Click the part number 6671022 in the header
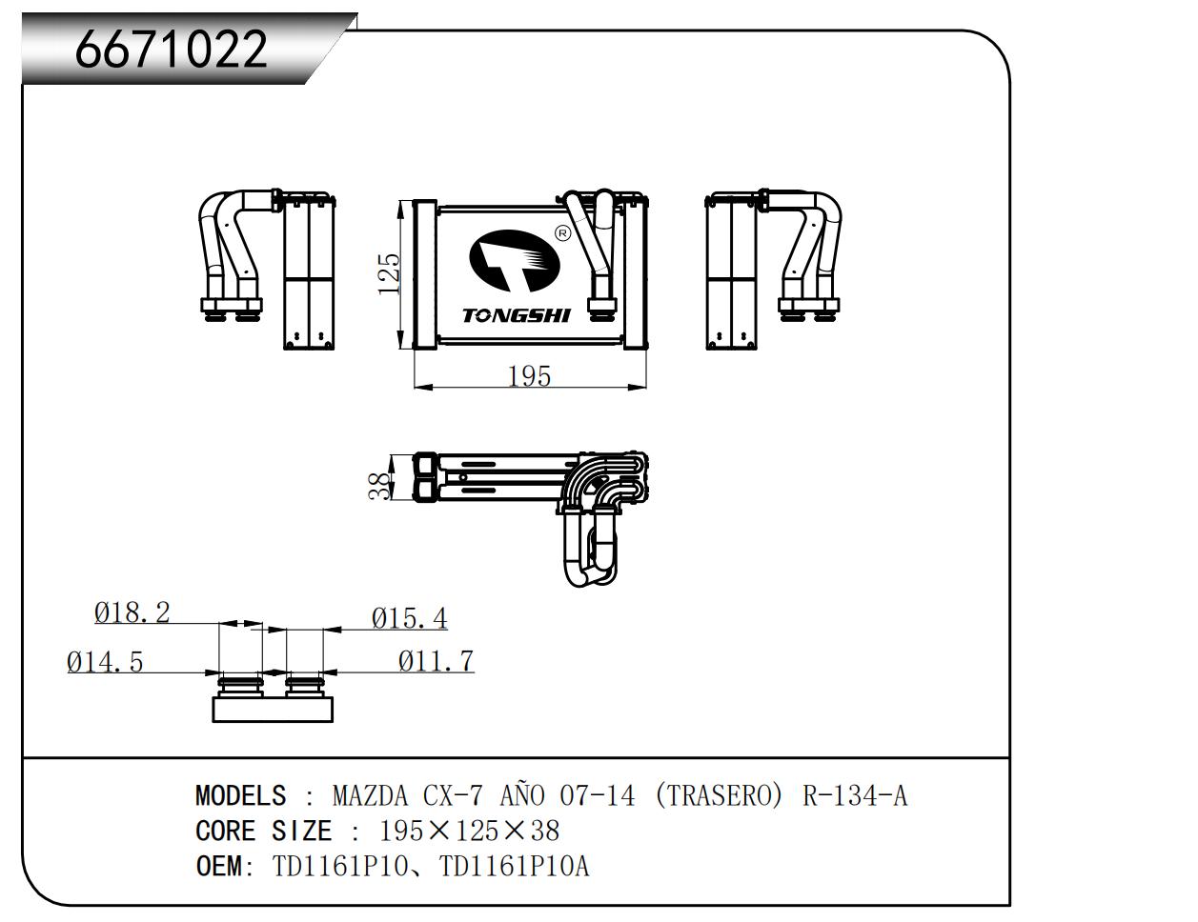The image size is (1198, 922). [172, 49]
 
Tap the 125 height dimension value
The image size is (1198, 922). [389, 273]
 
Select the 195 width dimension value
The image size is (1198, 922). [529, 376]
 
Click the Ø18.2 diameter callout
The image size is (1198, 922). [132, 612]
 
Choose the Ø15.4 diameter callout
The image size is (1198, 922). [410, 619]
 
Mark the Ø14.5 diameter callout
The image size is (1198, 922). [105, 661]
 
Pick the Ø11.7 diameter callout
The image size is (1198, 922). [436, 661]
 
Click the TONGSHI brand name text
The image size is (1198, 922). [517, 315]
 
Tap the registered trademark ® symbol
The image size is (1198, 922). [561, 233]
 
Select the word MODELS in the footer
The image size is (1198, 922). [240, 796]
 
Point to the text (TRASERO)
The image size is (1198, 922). [719, 796]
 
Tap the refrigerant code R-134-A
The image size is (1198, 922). [855, 796]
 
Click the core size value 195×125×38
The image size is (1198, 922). [469, 832]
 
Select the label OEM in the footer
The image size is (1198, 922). [217, 867]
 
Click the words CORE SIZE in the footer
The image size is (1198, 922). [263, 832]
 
